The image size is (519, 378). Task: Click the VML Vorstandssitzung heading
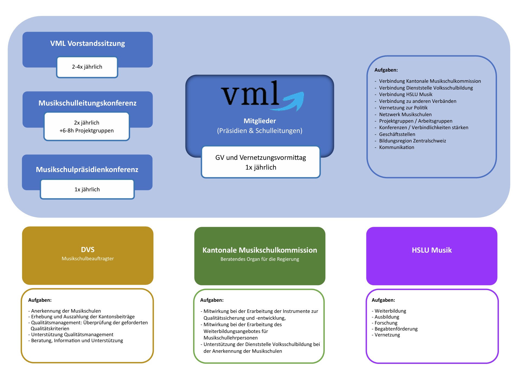pyautogui.click(x=87, y=43)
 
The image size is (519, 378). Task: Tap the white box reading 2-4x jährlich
pyautogui.click(x=87, y=67)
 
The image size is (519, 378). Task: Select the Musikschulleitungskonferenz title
pyautogui.click(x=87, y=103)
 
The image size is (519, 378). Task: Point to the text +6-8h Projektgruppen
pyautogui.click(x=87, y=131)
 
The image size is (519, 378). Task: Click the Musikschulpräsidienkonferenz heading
pyautogui.click(x=87, y=170)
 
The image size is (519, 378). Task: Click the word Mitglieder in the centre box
pyautogui.click(x=260, y=121)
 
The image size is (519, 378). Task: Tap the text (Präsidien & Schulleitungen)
pyautogui.click(x=260, y=131)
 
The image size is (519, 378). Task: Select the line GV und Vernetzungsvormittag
pyautogui.click(x=260, y=158)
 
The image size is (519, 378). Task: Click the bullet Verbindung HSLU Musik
pyautogui.click(x=405, y=94)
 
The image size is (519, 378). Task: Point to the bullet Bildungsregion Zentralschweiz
pyautogui.click(x=412, y=141)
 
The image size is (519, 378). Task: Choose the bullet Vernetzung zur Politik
pyautogui.click(x=403, y=108)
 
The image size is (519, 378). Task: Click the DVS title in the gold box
pyautogui.click(x=87, y=250)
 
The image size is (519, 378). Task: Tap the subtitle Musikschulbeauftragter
pyautogui.click(x=87, y=259)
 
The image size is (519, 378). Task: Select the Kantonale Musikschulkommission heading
pyautogui.click(x=260, y=250)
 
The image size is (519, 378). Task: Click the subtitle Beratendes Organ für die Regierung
pyautogui.click(x=260, y=259)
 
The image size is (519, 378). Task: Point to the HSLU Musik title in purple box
pyautogui.click(x=432, y=250)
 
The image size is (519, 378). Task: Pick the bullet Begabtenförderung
pyautogui.click(x=396, y=329)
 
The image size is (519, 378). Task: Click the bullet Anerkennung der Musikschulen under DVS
pyautogui.click(x=66, y=311)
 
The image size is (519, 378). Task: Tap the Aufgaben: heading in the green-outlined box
pyautogui.click(x=212, y=300)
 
